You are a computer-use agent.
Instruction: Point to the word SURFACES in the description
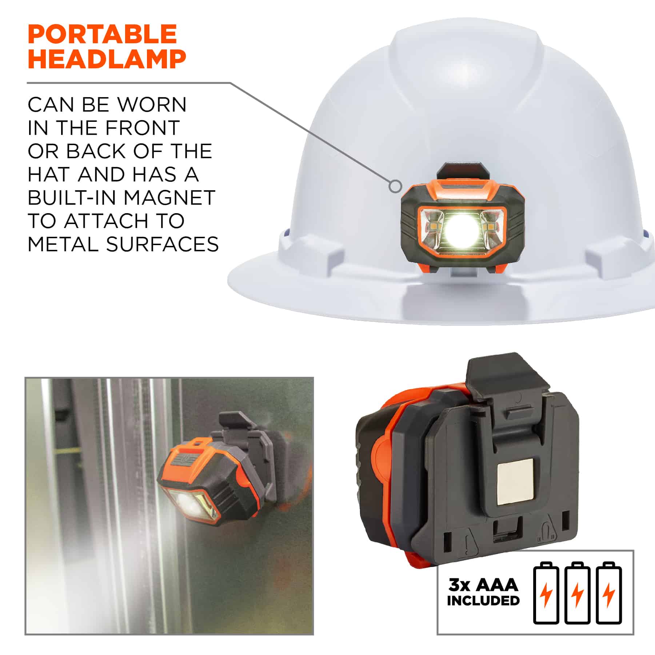click(162, 244)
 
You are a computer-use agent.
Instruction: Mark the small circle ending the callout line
click(395, 186)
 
